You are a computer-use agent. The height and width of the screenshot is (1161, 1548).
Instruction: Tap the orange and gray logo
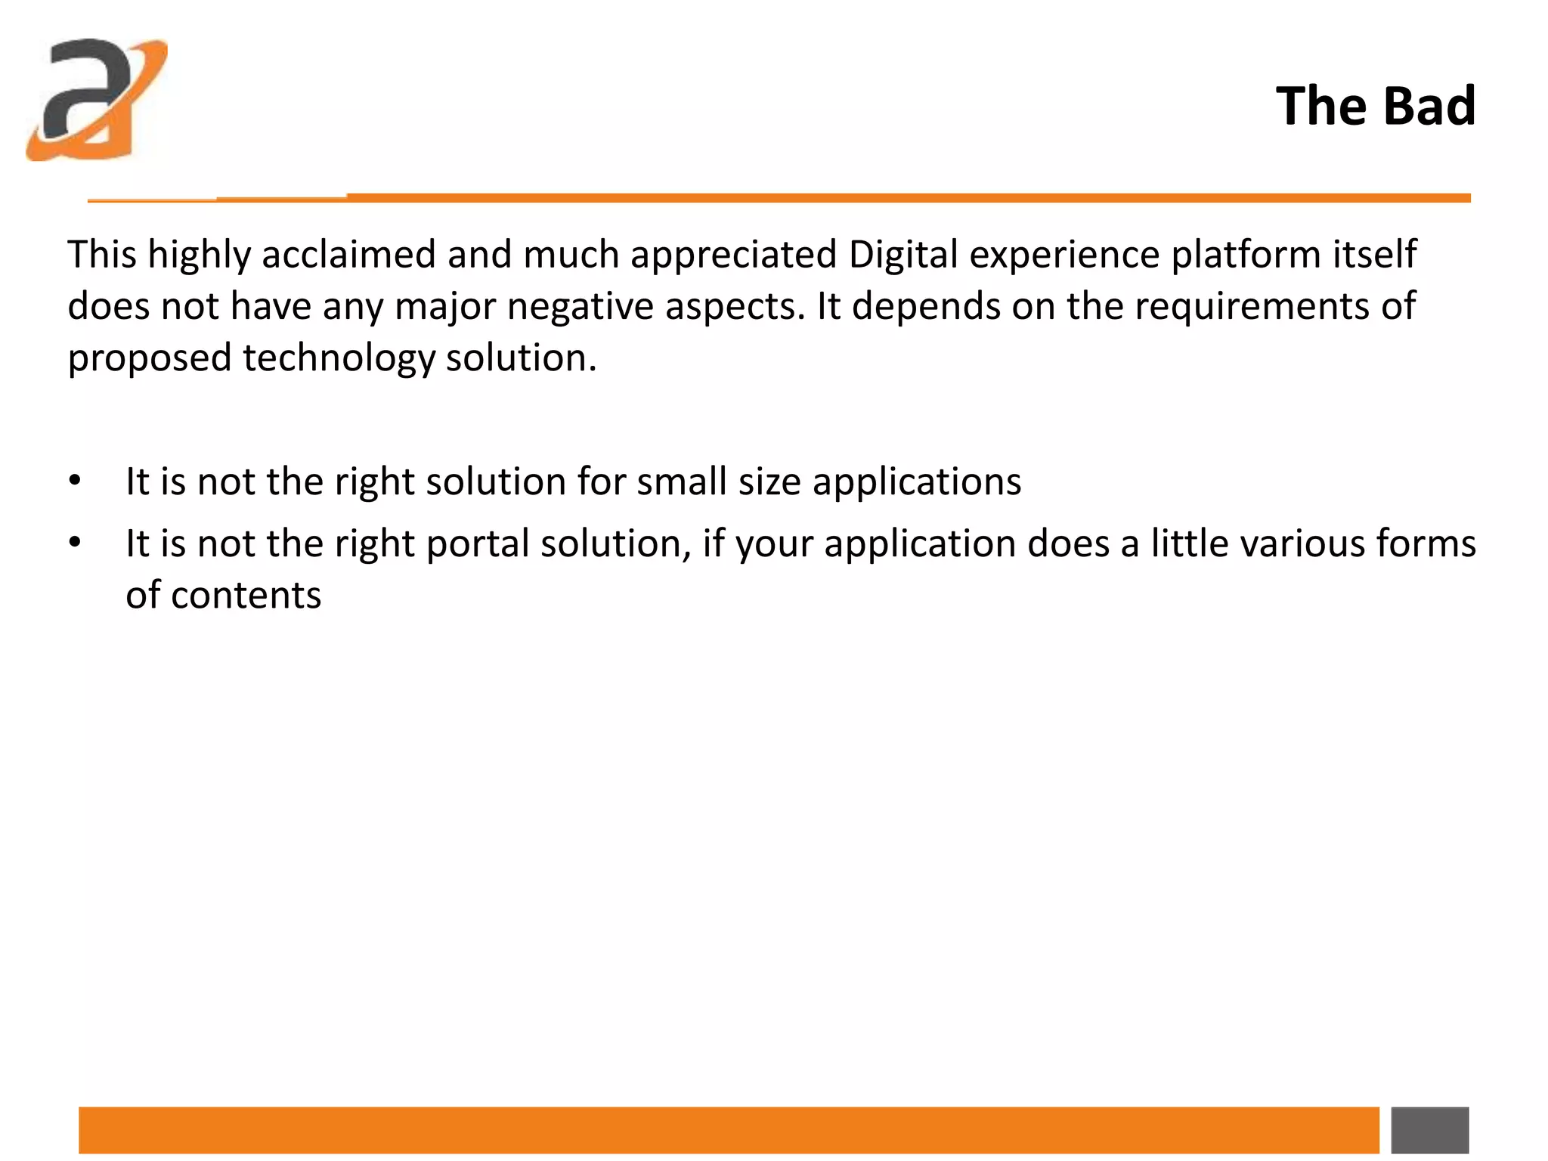pos(97,99)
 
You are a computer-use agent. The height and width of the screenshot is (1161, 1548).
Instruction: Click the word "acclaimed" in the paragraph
pos(348,254)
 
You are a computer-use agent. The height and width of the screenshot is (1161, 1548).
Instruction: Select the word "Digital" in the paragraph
pos(902,254)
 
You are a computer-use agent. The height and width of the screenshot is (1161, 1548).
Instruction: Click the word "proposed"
pos(149,358)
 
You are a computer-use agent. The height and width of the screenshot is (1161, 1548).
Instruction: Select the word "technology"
pos(338,358)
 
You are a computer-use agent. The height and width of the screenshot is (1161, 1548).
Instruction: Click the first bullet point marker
pos(74,481)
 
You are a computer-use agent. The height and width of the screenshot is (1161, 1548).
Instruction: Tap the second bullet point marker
pos(74,543)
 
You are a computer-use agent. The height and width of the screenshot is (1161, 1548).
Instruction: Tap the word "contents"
pos(246,596)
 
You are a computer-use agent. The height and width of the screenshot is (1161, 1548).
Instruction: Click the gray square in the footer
pos(1429,1130)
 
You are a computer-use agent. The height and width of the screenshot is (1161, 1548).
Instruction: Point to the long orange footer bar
pos(729,1130)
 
